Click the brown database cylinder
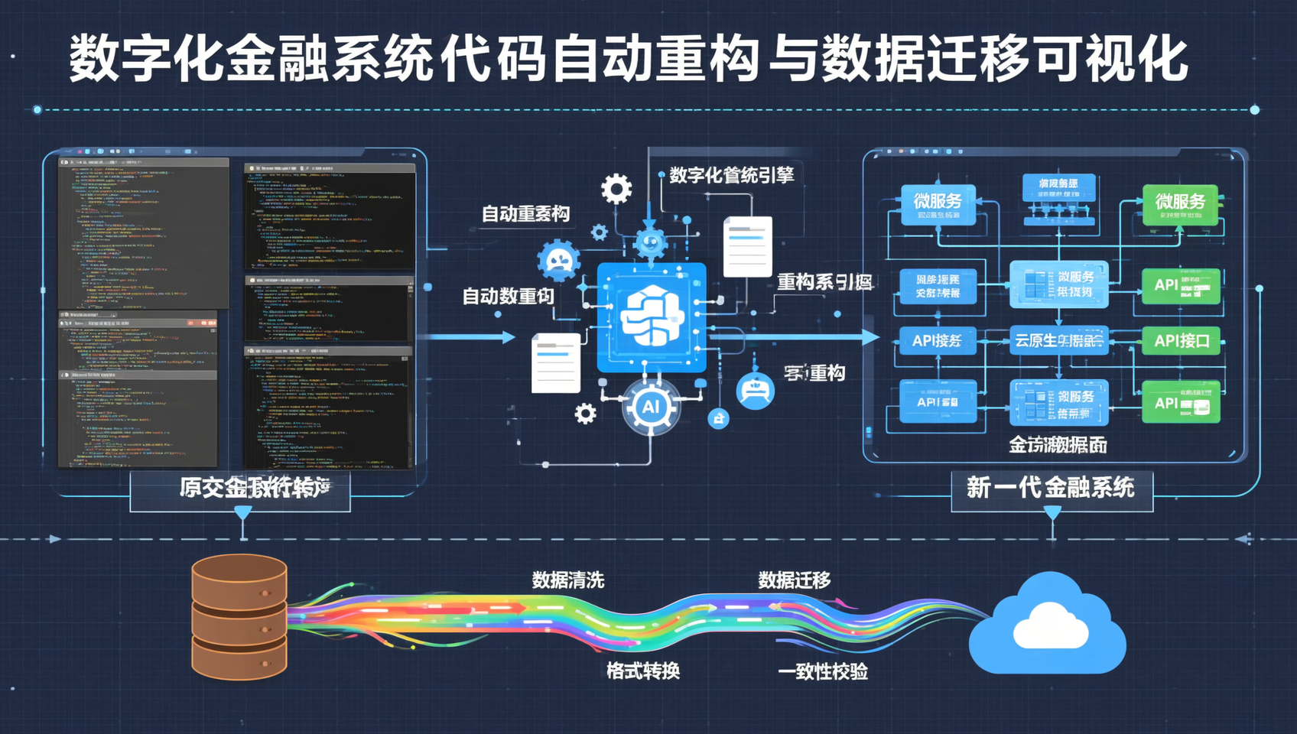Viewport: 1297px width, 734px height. [239, 617]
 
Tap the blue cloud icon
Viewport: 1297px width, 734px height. [1048, 625]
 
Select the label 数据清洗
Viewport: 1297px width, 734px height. [567, 580]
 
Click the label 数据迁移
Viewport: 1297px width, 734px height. [794, 580]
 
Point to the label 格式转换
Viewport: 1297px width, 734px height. [642, 671]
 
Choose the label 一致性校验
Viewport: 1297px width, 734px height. [822, 672]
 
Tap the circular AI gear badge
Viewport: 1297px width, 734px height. [650, 407]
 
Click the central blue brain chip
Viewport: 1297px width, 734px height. [651, 317]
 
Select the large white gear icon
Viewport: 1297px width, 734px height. [616, 188]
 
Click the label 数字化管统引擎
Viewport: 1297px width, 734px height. [731, 175]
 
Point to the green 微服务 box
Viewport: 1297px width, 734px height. [1180, 204]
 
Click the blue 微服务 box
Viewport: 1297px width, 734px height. [938, 204]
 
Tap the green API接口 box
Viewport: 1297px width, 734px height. [1181, 341]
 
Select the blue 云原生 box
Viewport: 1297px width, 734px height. [1058, 341]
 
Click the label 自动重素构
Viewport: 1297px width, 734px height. [525, 214]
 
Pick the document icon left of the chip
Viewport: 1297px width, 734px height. [555, 363]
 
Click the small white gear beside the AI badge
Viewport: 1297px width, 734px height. [585, 414]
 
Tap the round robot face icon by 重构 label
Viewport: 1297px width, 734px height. [755, 391]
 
